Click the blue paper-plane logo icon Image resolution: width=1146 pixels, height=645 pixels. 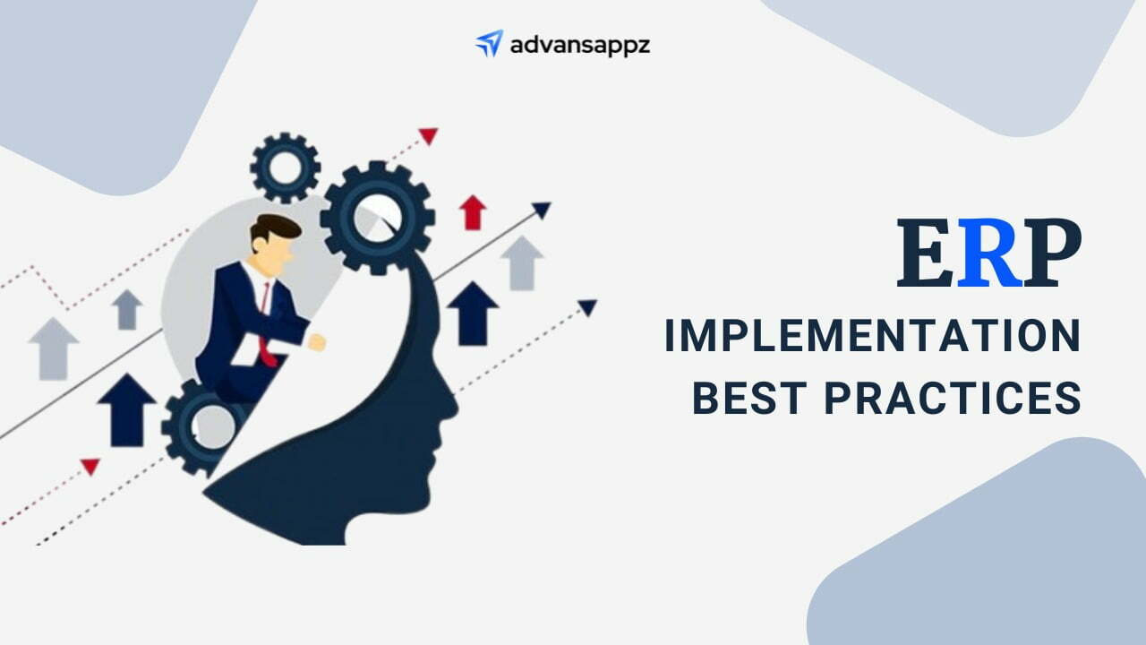(489, 44)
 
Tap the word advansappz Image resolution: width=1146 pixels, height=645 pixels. (580, 45)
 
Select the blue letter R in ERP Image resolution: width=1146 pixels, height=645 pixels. (988, 253)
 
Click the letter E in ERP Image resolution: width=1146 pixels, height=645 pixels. (926, 253)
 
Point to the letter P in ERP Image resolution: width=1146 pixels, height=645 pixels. (1052, 253)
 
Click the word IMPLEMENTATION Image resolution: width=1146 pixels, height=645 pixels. (872, 335)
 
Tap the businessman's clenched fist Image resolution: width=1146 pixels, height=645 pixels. (317, 342)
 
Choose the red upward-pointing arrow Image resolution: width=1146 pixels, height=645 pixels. (472, 212)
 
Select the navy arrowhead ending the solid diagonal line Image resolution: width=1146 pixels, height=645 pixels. (542, 210)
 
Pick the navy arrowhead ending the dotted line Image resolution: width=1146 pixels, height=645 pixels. (588, 307)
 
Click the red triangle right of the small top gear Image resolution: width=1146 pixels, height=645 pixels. (429, 135)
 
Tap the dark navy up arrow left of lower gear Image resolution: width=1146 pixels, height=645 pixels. (126, 409)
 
